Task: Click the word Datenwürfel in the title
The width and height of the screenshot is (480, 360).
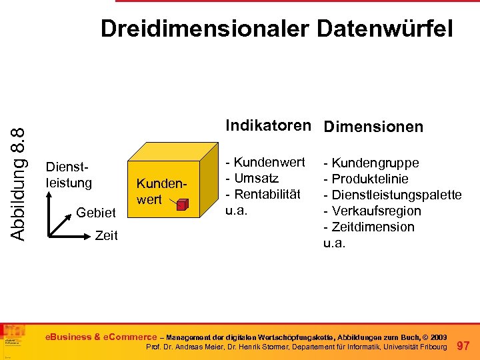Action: click(x=385, y=29)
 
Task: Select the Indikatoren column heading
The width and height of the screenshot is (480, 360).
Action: click(x=268, y=125)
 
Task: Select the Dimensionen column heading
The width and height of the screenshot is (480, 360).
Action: click(x=373, y=127)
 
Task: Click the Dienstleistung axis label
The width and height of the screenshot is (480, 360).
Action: click(x=68, y=175)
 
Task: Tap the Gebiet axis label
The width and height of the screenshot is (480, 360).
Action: click(x=97, y=212)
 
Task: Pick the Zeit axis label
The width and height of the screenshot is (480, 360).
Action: click(x=107, y=235)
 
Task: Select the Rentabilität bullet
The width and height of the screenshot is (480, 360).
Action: click(x=264, y=194)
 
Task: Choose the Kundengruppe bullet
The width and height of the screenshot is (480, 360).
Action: click(x=371, y=163)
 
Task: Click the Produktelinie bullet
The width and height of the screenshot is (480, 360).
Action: click(x=366, y=179)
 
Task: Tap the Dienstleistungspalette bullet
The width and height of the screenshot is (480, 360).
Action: click(x=393, y=195)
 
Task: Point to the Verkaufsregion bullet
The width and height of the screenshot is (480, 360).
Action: click(x=373, y=211)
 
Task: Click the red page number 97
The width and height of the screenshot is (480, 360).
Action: click(x=464, y=345)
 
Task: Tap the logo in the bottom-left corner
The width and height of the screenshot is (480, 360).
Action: click(x=13, y=340)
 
